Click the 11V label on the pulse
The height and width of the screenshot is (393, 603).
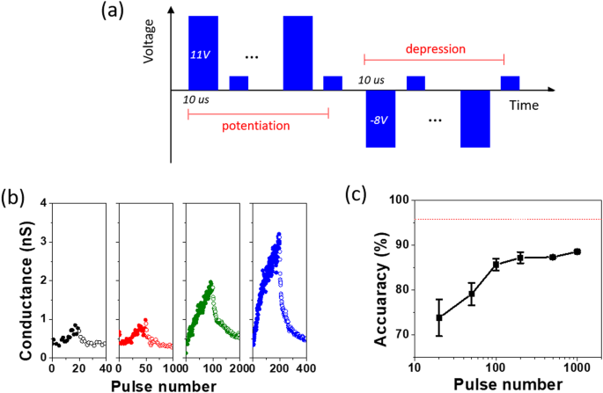(201, 55)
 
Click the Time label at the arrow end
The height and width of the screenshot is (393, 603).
(526, 104)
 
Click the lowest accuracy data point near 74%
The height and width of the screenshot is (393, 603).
(438, 317)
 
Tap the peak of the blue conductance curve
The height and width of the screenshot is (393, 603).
(279, 235)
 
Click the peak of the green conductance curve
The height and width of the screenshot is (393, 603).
(211, 283)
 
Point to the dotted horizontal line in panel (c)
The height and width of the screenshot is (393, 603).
(502, 219)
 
